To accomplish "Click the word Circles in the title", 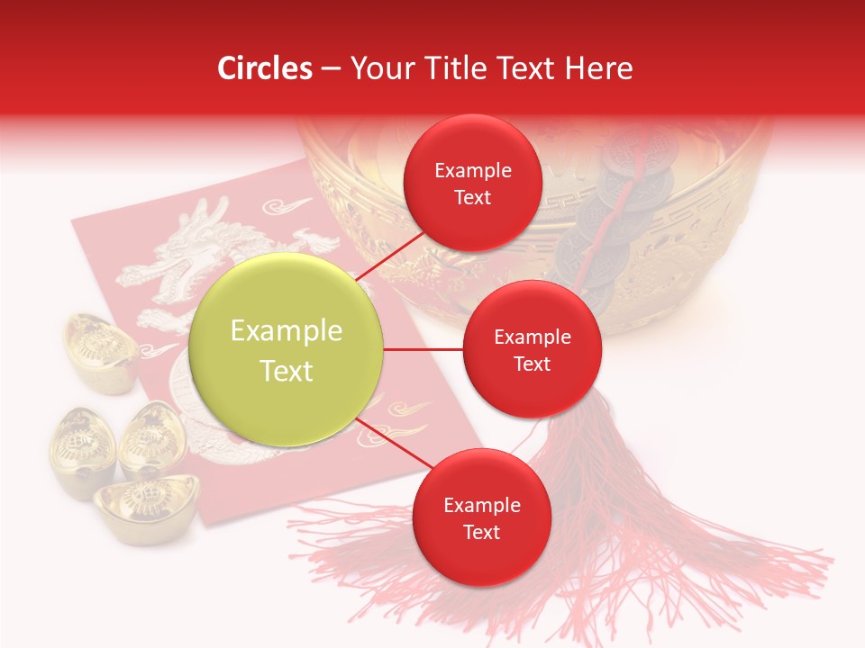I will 265,68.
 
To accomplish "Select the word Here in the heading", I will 598,68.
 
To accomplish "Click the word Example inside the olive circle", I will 287,331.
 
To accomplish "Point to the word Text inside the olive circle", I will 287,371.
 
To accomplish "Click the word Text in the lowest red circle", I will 481,533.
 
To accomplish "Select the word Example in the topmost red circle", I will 472,171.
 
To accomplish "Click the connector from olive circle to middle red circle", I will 423,349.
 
